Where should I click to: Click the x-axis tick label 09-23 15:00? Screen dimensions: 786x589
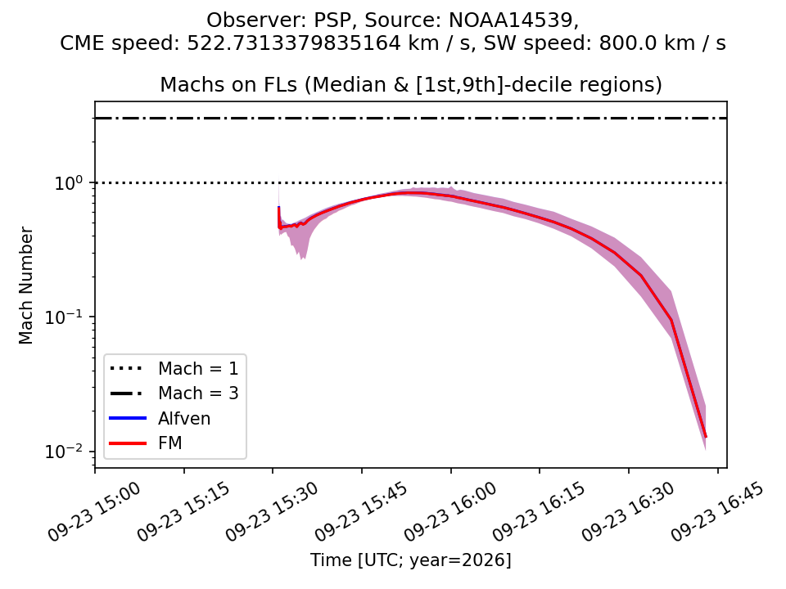pyautogui.click(x=95, y=511)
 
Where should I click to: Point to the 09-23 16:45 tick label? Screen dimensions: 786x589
pyautogui.click(x=718, y=511)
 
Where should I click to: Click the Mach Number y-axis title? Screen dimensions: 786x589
pyautogui.click(x=25, y=285)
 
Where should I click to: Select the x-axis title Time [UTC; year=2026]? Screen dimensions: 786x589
pyautogui.click(x=410, y=560)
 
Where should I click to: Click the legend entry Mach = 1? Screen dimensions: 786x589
pyautogui.click(x=198, y=369)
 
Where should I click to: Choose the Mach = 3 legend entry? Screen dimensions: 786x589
pyautogui.click(x=198, y=393)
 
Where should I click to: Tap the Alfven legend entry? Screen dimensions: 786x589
pyautogui.click(x=184, y=418)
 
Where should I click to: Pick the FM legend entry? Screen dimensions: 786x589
pyautogui.click(x=170, y=443)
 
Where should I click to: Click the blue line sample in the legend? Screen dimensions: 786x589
pyautogui.click(x=128, y=418)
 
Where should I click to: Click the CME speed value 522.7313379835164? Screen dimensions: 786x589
pyautogui.click(x=294, y=43)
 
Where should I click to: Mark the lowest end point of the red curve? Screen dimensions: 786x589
pyautogui.click(x=706, y=437)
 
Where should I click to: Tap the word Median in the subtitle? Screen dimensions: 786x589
pyautogui.click(x=335, y=84)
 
